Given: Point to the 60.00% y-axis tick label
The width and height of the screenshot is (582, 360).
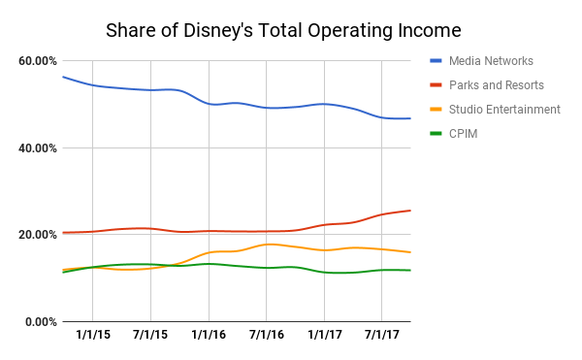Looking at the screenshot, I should [38, 61].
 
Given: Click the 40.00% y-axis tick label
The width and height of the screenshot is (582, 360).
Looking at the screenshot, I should [38, 147].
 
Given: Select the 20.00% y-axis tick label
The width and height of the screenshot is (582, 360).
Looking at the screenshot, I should [38, 235].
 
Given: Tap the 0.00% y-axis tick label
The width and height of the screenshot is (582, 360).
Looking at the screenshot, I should [41, 321].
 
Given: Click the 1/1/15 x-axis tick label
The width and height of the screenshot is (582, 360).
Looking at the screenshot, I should [92, 336].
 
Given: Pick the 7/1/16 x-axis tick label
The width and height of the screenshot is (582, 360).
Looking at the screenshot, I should [266, 336].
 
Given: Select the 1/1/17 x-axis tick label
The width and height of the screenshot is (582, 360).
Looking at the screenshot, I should [324, 336].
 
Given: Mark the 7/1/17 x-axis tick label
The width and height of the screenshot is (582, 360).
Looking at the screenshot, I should [381, 336].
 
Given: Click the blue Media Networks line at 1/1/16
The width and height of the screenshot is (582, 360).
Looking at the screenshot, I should [208, 103].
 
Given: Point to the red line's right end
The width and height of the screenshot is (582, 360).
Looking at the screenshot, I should [410, 211].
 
